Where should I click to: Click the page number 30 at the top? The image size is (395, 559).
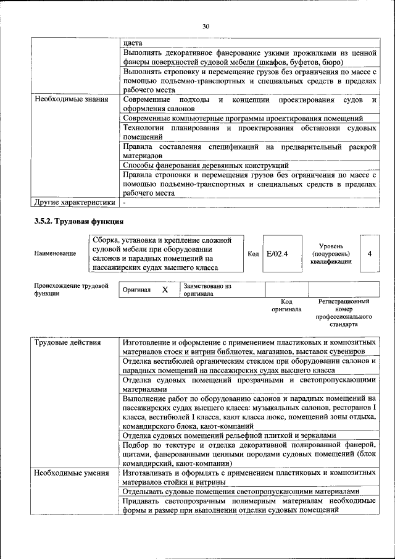click(206, 26)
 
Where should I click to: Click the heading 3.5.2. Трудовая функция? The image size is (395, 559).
click(78, 221)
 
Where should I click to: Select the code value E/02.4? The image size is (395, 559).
click(277, 253)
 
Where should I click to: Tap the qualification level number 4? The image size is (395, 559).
click(369, 253)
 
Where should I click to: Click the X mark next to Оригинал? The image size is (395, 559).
click(164, 290)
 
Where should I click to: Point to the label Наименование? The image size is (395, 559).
click(56, 253)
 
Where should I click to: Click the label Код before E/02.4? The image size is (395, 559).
click(253, 253)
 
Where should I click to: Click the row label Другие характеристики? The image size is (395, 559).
click(75, 201)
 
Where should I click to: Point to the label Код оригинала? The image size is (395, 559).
click(286, 305)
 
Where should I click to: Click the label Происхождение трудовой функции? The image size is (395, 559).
click(71, 290)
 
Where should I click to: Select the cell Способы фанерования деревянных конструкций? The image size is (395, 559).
click(206, 166)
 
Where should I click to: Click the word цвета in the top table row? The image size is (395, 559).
click(132, 43)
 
